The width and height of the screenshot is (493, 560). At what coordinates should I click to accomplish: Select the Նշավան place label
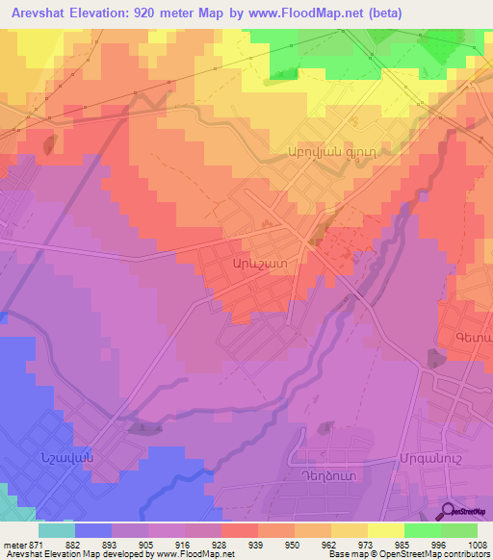(67, 458)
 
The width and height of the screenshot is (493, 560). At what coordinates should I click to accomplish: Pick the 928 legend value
(221, 544)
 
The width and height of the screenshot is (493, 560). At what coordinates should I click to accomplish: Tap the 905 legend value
(147, 544)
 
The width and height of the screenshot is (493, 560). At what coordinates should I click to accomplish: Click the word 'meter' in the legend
(14, 544)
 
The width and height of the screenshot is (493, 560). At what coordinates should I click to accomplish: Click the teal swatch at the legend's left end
(57, 530)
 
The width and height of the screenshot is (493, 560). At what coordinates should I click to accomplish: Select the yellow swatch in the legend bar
(385, 530)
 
